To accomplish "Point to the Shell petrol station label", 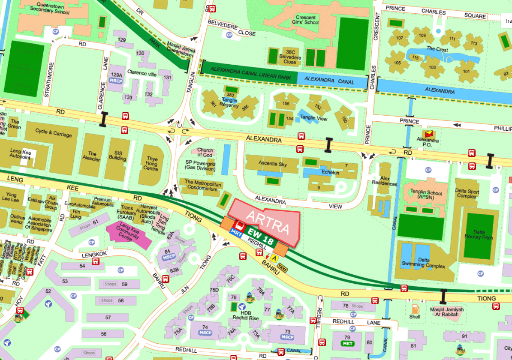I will click(414, 317).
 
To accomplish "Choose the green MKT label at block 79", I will click(346, 344).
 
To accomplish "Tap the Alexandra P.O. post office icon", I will click(428, 135).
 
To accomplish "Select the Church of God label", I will click(205, 152).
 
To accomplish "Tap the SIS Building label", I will click(117, 155).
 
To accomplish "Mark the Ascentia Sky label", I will click(272, 164).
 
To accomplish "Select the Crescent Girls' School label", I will click(306, 20).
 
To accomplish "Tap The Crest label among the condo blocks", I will click(437, 49).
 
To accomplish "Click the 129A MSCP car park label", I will click(116, 77).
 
